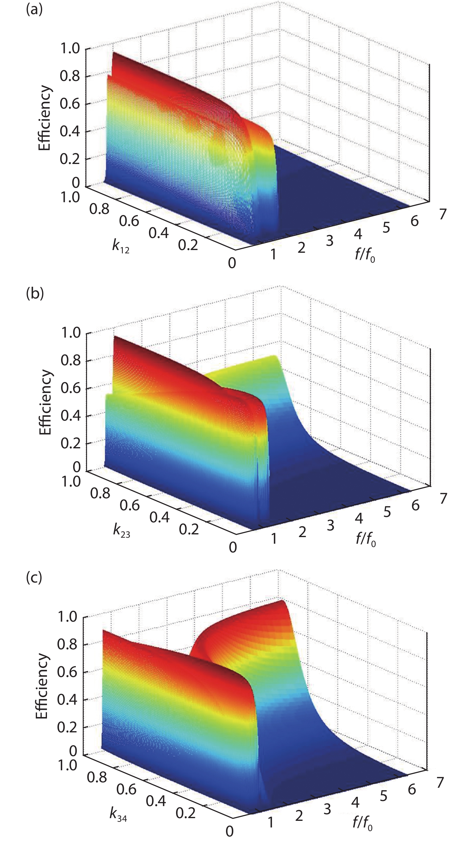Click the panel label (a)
(34, 10)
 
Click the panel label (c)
(34, 577)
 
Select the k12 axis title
(121, 246)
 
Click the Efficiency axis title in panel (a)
(45, 118)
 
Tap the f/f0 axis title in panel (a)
(365, 255)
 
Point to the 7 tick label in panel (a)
(443, 214)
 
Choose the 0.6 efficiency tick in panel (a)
(70, 104)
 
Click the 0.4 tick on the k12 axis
(159, 233)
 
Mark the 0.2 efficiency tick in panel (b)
(70, 443)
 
